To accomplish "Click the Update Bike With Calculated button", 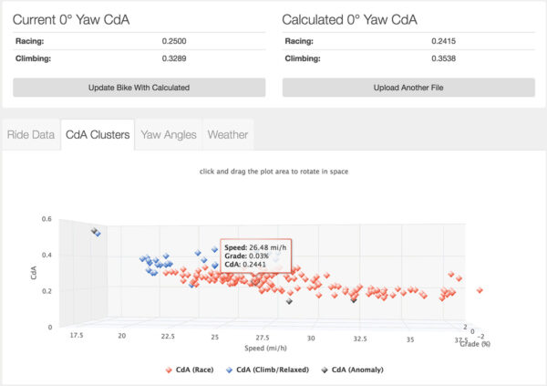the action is coord(139,88).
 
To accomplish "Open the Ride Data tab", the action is coord(31,135).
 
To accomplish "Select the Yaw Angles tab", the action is coord(169,135).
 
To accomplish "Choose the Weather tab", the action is coord(228,135).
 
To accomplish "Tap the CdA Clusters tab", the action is coord(98,135).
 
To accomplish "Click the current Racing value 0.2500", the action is coord(174,41).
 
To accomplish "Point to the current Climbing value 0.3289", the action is coord(174,58).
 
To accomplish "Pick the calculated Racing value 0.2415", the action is coord(443,41).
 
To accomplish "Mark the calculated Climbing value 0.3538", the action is coord(443,58).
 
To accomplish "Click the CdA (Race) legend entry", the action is coord(190,370).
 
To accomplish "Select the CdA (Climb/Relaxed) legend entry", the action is coord(267,370).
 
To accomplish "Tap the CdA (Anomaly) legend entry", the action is coord(352,370).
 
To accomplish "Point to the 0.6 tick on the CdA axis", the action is coord(46,219).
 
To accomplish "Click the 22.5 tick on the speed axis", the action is coord(168,336).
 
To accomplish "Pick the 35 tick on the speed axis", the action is coord(410,339).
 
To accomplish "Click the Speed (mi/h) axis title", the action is coord(266,348).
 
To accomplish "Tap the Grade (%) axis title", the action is coord(475,344).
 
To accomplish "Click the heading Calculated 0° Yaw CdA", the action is coord(349,20).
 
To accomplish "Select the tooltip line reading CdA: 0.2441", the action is coord(245,265).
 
